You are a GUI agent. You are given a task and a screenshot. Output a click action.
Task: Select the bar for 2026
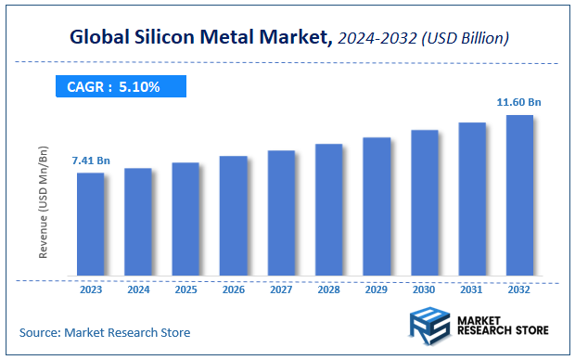233,215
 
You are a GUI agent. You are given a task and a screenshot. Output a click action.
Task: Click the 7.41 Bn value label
91,161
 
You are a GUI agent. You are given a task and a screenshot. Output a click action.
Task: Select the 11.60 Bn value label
519,103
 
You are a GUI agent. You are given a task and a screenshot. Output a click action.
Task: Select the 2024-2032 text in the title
382,40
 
